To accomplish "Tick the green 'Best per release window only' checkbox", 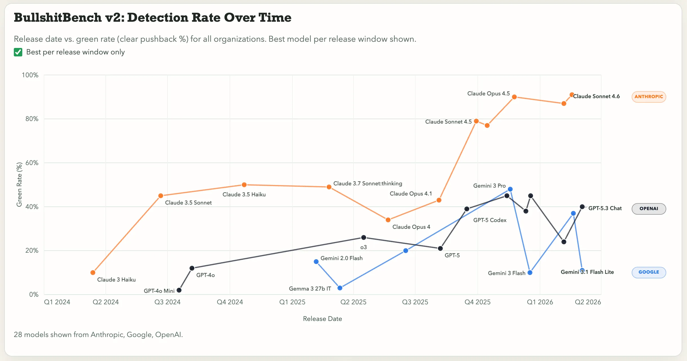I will tap(18, 52).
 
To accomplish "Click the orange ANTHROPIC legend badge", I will tap(648, 97).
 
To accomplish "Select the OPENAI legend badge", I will tap(648, 209).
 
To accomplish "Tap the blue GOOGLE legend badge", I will tap(648, 272).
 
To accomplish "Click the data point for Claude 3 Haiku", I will tap(93, 272).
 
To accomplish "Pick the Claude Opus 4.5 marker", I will tap(514, 97).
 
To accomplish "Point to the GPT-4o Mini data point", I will tap(179, 290).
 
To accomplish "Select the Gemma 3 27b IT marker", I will tap(340, 288).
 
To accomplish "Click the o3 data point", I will tap(364, 237).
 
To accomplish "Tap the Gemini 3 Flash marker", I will tap(530, 272).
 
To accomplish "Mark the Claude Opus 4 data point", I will tap(388, 220).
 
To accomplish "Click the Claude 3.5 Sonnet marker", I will tap(160, 196).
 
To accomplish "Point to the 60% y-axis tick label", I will tap(32, 163).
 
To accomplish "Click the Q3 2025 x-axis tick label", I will tap(415, 302).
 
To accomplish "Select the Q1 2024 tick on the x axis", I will tap(57, 302).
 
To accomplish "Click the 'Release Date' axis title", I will tap(322, 319).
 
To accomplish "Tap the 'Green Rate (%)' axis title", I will tap(19, 184).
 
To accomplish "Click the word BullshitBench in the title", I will tap(58, 17).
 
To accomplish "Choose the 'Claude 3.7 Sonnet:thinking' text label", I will tap(367, 184).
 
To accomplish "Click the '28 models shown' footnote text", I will tap(98, 335).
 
